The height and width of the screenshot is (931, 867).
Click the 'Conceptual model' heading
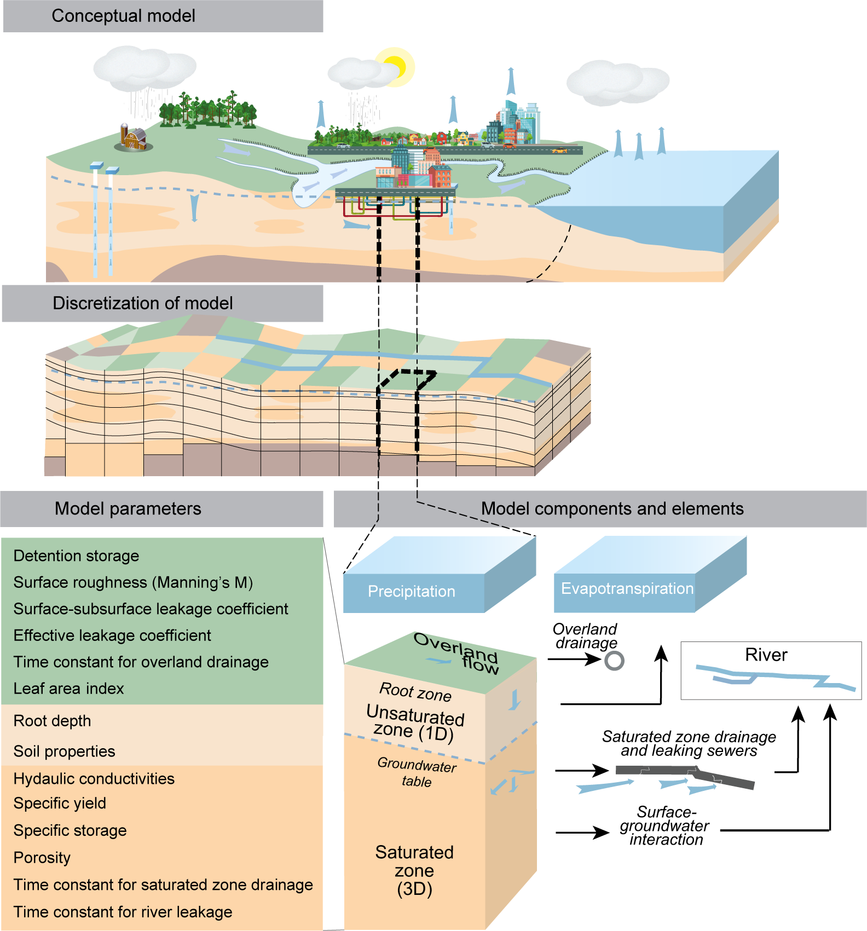coord(123,16)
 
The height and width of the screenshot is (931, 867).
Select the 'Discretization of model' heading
coord(142,303)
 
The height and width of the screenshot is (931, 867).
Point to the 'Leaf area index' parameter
coord(68,689)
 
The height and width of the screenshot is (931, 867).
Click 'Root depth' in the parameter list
coord(52,721)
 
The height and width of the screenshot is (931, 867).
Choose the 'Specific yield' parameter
coord(60,803)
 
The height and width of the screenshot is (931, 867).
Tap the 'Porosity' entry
coord(42,858)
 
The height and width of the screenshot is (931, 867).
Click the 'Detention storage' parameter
coord(76,556)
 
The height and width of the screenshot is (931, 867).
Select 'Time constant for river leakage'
coord(123,912)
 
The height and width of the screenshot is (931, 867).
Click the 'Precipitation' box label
coord(411,592)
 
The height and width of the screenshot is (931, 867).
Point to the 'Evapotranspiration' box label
coord(627,589)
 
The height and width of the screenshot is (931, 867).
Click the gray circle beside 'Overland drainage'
coord(614,661)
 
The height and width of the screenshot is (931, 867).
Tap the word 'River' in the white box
coord(766,655)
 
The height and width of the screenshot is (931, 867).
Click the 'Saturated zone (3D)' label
coord(414,870)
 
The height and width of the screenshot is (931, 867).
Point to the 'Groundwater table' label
coord(417,772)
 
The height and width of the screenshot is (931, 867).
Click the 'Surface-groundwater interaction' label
coord(664,826)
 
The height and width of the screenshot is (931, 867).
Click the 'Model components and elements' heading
coord(612,508)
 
